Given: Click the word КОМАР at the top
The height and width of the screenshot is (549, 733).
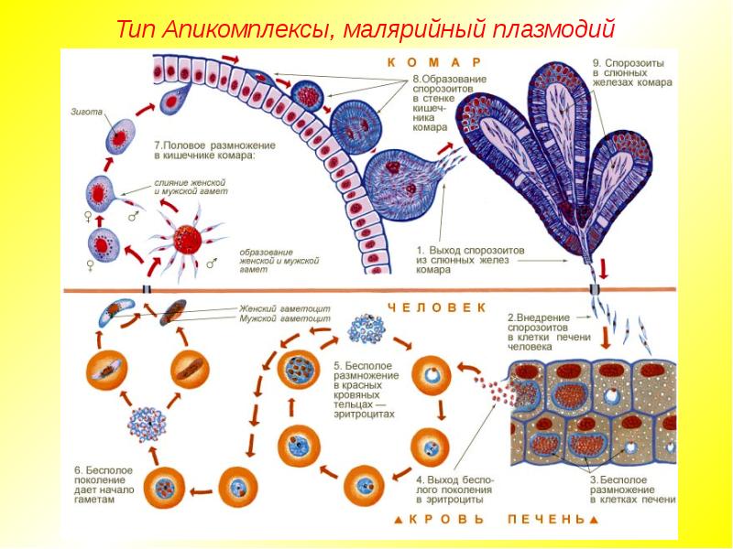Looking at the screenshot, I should point(434,62).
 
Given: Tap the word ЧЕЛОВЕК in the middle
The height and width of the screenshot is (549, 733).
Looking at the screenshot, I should point(436,308).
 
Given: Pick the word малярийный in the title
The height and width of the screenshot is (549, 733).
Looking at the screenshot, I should point(413,29).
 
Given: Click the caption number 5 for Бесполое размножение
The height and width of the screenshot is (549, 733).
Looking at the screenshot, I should point(336,365).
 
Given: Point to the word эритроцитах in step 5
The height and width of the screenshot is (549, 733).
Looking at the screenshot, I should point(364,414).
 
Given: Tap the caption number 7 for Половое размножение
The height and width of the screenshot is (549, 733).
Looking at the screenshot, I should point(158,145).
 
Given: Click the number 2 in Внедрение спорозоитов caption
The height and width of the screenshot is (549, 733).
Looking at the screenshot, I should point(511,318).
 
